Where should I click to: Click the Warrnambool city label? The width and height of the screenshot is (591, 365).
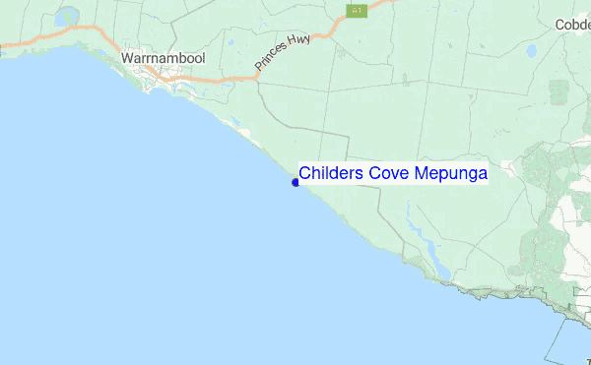[163, 59]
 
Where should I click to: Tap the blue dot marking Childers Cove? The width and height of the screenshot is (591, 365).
[295, 182]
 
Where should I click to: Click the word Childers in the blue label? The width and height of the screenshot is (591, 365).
[331, 173]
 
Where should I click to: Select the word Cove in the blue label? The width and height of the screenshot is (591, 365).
[389, 173]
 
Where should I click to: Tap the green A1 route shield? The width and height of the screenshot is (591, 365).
[355, 10]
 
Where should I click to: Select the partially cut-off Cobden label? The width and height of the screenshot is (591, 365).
[571, 25]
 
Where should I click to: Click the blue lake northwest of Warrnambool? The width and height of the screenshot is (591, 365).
[67, 18]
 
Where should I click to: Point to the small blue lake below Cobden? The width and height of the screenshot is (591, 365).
[531, 50]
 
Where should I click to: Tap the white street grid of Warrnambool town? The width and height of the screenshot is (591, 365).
[158, 89]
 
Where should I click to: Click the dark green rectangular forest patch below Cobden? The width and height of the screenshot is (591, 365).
[558, 91]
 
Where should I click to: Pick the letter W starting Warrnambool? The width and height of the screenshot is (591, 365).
[126, 59]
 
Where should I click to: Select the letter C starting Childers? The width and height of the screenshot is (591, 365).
[305, 173]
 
